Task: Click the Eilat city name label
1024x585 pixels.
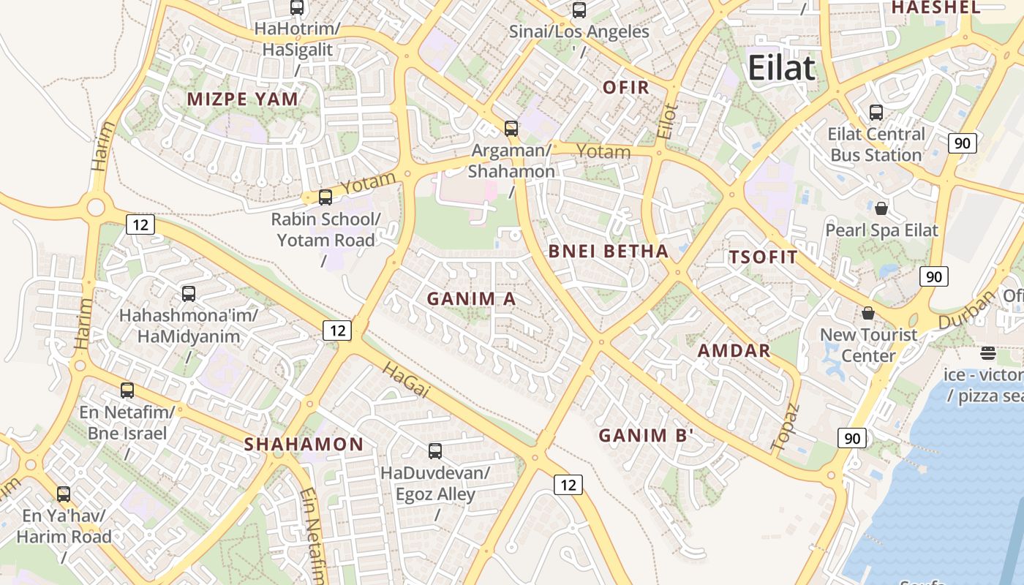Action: [781, 68]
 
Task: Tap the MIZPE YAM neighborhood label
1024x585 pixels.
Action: [243, 99]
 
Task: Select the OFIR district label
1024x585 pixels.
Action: [625, 88]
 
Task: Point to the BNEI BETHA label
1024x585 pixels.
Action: [609, 252]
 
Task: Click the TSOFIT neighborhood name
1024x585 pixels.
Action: [763, 257]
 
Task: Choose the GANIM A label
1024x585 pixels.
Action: [471, 298]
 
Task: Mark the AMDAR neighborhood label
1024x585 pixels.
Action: [734, 350]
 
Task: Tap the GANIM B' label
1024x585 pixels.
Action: [646, 436]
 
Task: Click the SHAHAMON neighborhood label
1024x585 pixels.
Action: [304, 444]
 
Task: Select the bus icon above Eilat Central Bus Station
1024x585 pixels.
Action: [876, 113]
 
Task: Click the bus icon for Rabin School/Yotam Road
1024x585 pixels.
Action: [325, 197]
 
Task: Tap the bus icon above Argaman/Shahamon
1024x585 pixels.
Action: [511, 129]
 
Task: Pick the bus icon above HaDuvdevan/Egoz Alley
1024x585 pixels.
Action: [435, 450]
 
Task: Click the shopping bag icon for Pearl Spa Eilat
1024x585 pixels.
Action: [881, 208]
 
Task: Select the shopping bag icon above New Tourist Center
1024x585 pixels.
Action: [868, 313]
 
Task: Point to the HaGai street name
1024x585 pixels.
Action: [405, 380]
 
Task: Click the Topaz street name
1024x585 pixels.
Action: [786, 426]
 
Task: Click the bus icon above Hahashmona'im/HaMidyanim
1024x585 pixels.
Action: [189, 294]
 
